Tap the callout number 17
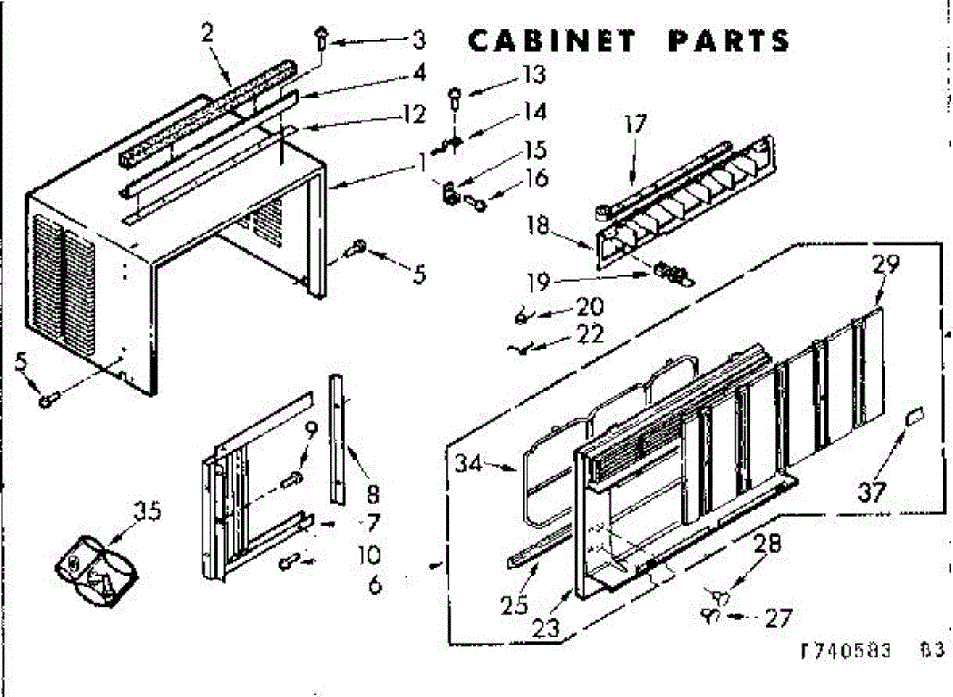[x=635, y=125]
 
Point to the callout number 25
[x=514, y=605]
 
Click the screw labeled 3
[x=322, y=36]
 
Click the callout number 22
[x=591, y=334]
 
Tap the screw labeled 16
[x=477, y=204]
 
